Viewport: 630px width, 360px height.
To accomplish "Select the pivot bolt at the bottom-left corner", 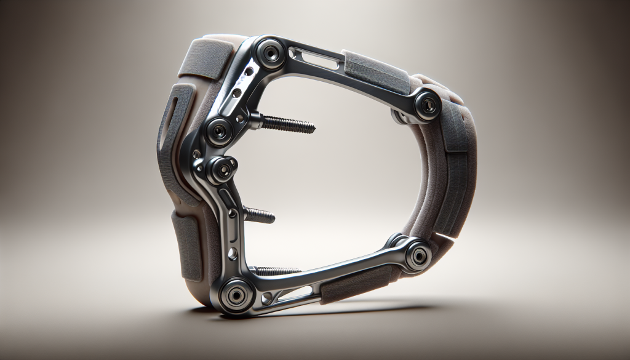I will pos(237,295).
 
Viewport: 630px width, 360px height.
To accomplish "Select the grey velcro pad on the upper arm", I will pos(375,74).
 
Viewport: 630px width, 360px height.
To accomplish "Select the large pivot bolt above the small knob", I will pos(219,130).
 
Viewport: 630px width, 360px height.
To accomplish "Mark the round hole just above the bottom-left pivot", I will pos(232,254).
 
